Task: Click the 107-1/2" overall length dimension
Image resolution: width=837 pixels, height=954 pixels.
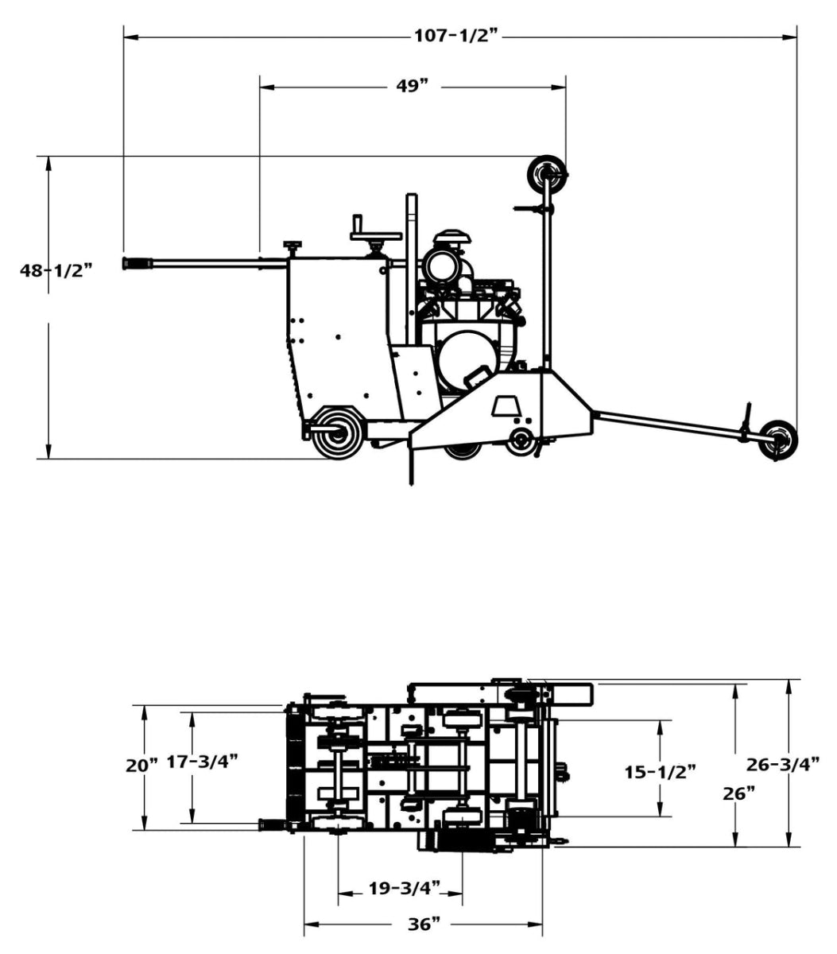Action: (x=456, y=36)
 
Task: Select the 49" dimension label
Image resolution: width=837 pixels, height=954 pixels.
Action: (x=413, y=86)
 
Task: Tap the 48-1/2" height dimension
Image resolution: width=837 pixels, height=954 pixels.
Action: (x=56, y=270)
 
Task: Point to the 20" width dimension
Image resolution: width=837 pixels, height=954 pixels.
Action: (x=142, y=765)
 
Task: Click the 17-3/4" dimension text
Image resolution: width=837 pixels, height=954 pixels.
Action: (x=203, y=762)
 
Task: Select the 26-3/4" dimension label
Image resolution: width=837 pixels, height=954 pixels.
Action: (x=783, y=764)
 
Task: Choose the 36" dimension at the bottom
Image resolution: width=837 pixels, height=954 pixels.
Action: (x=424, y=924)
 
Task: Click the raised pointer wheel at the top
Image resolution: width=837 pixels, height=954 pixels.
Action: (x=548, y=173)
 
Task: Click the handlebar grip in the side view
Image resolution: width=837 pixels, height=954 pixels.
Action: (x=137, y=263)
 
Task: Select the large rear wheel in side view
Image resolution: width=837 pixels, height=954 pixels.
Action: (x=337, y=432)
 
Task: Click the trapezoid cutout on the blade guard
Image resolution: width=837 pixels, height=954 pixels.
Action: (x=503, y=407)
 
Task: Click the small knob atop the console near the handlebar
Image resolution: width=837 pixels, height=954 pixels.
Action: (x=293, y=247)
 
